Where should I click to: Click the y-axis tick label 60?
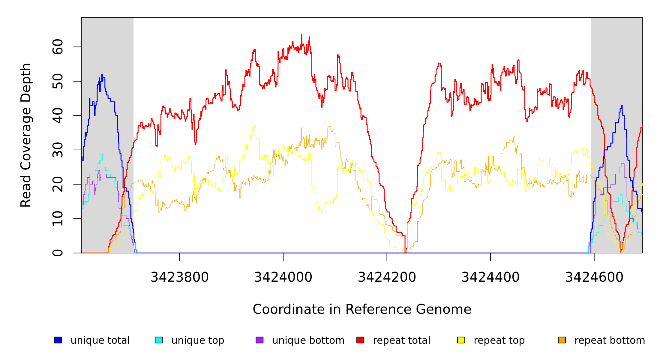[58, 47]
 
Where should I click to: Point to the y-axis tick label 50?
[58, 81]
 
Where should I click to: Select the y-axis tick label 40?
[58, 116]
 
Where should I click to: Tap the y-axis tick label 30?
[58, 150]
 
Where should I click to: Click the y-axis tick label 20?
[58, 184]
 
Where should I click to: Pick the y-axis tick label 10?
[58, 219]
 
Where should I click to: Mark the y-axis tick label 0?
[58, 253]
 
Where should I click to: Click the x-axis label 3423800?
[179, 277]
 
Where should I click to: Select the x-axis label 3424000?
[283, 277]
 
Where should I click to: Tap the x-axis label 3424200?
[387, 277]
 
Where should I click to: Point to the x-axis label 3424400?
[490, 277]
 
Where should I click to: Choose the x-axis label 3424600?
[594, 277]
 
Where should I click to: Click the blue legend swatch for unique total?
[58, 340]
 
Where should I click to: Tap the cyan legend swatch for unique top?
[159, 340]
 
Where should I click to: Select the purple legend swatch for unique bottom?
[259, 340]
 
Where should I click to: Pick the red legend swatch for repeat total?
[360, 340]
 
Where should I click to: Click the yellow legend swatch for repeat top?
[461, 340]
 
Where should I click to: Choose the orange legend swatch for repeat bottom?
[562, 340]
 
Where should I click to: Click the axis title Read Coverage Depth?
[26, 135]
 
